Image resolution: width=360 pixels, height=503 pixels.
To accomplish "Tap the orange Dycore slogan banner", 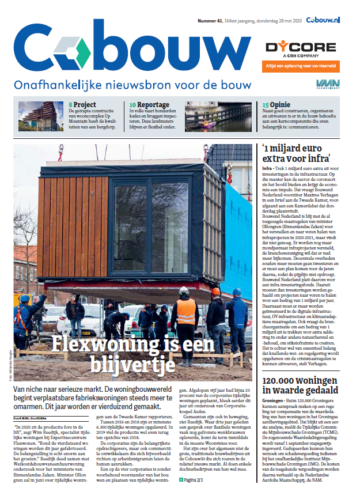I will tap(300, 65).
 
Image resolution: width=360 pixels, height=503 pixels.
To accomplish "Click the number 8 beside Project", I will tap(70, 105).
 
